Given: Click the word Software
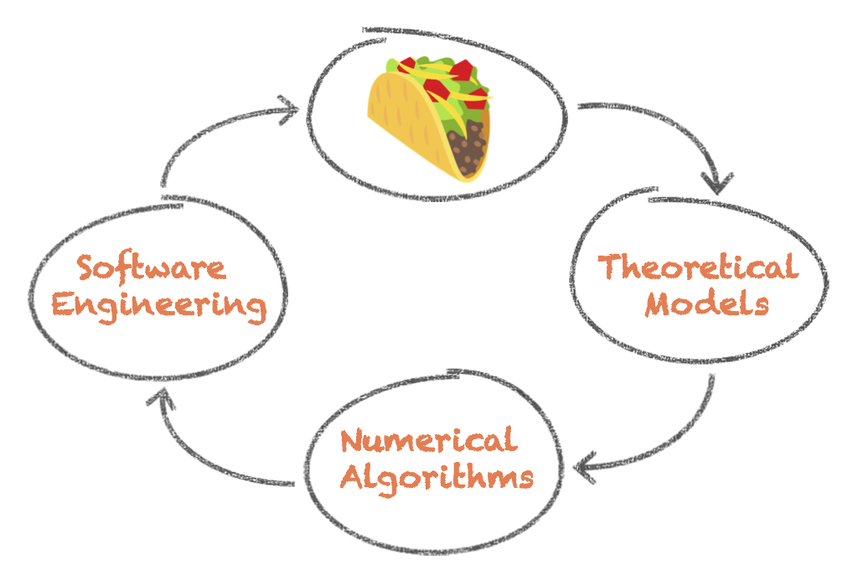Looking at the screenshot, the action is coord(151,267).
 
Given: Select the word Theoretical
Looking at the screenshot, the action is coord(698,267).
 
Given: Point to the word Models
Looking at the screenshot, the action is coord(707,304).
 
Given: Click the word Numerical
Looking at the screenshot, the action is coord(429,440).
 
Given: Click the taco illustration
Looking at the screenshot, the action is coord(430,118).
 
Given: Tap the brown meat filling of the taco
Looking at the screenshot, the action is coord(466,147).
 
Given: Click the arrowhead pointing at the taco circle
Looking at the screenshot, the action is coord(289,110).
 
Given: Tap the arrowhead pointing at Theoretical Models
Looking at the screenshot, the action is coord(717,183).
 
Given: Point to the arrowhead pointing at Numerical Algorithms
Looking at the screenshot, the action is coord(584,468).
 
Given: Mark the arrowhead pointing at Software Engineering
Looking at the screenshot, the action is coord(161,397).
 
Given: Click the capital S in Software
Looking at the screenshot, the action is coord(86,267).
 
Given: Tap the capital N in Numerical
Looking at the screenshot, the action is coord(353,440).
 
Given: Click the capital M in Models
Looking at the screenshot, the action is coord(660,304).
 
